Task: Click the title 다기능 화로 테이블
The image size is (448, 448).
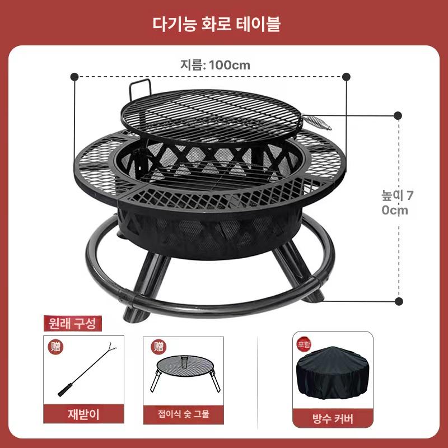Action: [223, 24]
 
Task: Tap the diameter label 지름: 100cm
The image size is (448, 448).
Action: [214, 64]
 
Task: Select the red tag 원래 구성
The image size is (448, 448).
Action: [73, 323]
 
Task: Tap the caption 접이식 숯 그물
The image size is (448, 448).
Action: [183, 415]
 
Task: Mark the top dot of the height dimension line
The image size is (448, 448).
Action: [398, 116]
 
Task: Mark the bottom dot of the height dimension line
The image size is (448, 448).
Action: [399, 301]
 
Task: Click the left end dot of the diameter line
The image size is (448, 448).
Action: [74, 77]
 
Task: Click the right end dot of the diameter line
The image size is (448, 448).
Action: [346, 77]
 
